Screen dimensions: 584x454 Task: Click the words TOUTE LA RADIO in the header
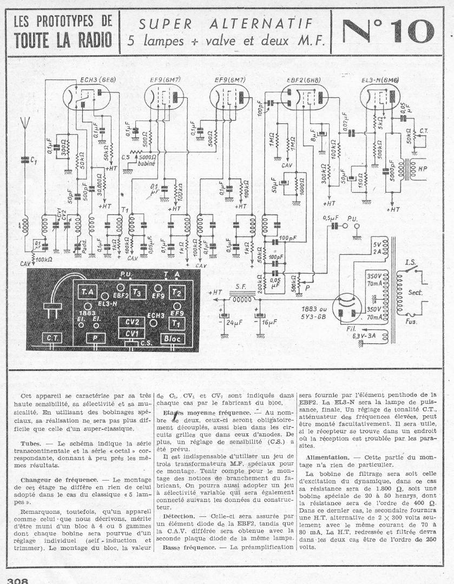[63, 41]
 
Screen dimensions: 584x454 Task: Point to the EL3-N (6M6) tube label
[380, 79]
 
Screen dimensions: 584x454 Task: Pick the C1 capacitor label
[34, 161]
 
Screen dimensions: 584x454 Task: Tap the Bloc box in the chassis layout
[173, 339]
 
